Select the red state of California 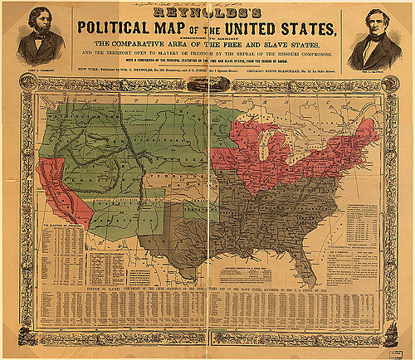click(55, 182)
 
